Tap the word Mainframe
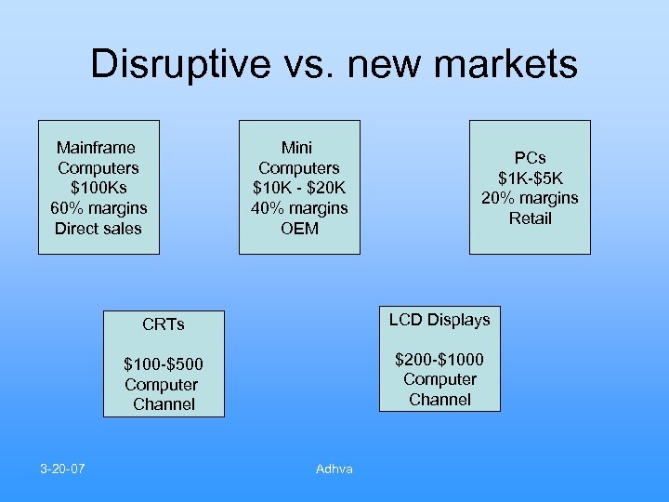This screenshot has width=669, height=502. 96,147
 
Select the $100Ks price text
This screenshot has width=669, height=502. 98,188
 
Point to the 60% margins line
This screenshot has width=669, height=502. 98,208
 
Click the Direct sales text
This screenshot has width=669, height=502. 98,229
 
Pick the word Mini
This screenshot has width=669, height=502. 297,147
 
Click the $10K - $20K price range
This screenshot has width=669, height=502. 299,188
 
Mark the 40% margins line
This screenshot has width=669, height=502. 299,208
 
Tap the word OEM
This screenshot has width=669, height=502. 299,229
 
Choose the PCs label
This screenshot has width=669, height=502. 530,157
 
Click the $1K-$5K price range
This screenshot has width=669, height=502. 530,178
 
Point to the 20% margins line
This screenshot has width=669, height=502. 530,198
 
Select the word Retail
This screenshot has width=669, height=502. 530,218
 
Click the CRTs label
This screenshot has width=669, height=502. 164,324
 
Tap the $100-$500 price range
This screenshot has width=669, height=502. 164,363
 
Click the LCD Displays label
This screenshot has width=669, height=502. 439,320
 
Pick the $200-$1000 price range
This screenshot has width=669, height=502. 439,360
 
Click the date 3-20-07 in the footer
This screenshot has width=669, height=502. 62,468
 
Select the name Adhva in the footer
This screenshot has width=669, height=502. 334,469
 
